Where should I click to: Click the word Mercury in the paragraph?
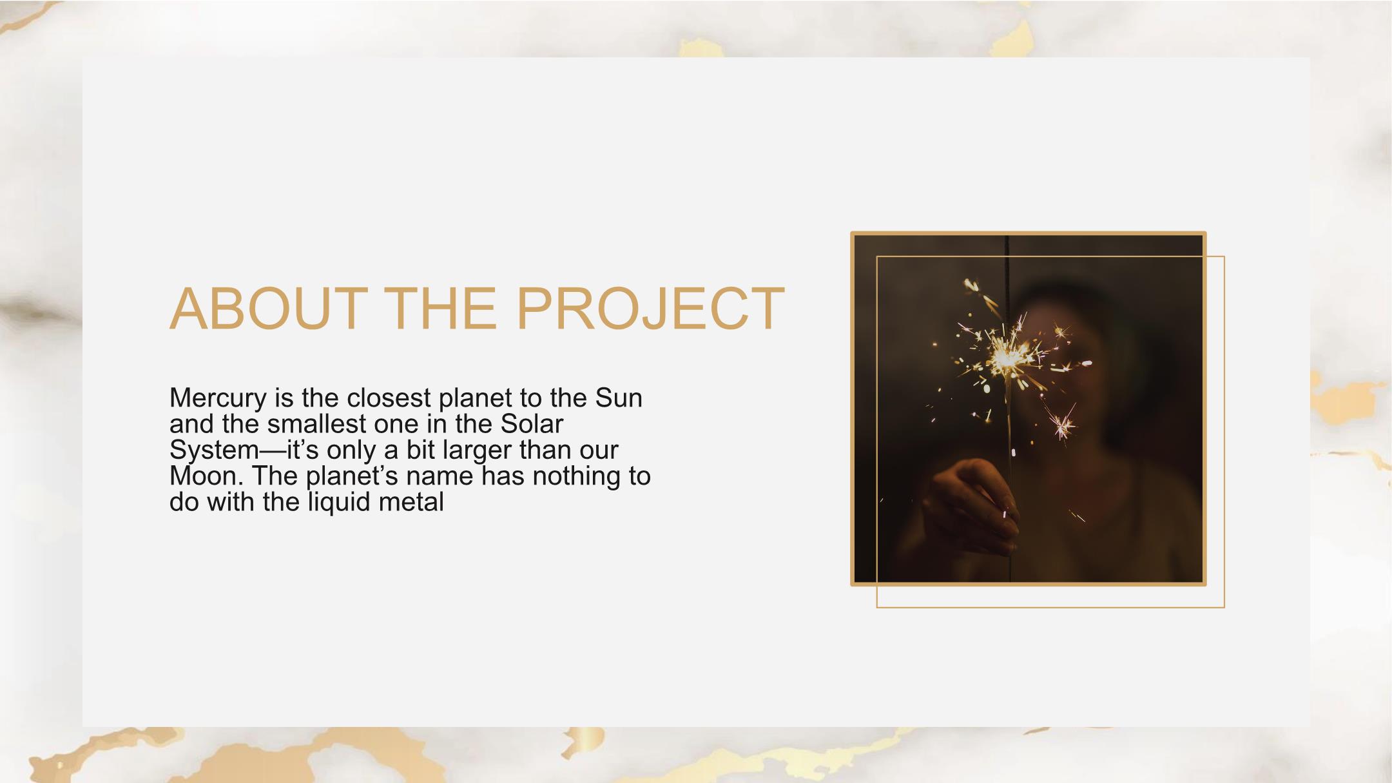(218, 399)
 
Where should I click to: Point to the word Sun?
(619, 398)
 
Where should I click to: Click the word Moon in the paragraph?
(206, 476)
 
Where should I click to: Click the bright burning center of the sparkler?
(1005, 358)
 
